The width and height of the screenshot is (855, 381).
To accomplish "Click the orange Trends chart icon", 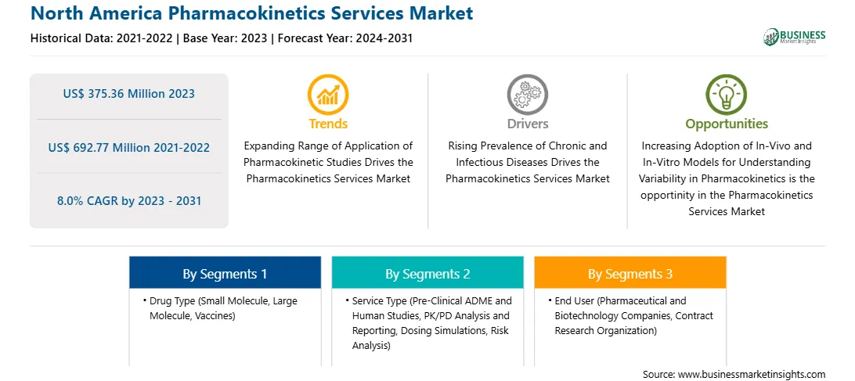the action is (328, 95).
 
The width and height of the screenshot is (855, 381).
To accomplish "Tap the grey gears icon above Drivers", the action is (527, 95).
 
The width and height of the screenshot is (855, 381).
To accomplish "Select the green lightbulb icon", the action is (727, 95).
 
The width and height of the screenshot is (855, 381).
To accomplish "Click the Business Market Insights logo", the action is (795, 37).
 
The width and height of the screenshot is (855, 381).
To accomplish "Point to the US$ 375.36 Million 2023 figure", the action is (128, 94).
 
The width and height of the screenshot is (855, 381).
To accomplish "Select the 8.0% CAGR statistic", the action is (129, 201).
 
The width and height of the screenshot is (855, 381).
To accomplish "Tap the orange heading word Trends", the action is (328, 124).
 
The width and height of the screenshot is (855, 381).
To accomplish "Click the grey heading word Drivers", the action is (528, 124).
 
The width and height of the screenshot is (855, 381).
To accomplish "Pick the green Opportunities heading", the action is (727, 124).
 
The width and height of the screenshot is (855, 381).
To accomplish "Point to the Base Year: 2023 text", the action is (225, 38).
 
